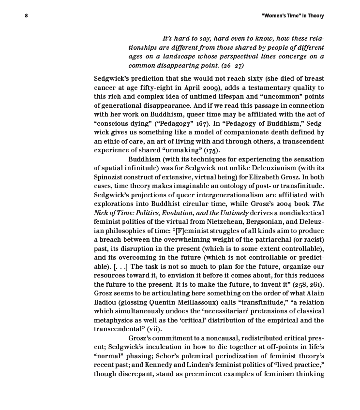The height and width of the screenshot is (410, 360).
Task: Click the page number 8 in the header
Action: point(27,16)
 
